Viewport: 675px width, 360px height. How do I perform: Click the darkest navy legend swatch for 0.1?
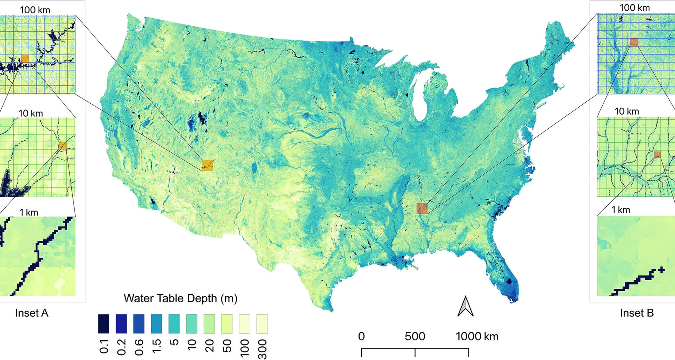point(103,324)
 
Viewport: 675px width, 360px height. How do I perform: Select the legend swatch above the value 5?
point(174,324)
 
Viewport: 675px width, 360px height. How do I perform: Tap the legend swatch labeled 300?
point(262,324)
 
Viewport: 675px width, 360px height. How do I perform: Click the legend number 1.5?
point(157,346)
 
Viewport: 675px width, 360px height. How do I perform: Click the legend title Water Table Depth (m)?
point(180,298)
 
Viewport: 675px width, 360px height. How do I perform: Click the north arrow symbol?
point(465,307)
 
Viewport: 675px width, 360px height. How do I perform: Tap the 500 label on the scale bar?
point(415,336)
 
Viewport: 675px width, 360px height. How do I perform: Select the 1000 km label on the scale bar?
point(477,336)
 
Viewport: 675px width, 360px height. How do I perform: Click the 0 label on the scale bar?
point(361,336)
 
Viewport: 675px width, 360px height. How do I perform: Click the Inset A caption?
point(32,313)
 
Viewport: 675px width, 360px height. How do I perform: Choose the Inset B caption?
point(637,313)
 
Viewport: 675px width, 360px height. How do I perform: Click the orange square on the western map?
point(207,165)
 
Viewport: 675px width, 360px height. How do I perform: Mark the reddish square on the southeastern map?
point(422,208)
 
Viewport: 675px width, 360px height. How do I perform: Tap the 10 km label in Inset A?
point(31,113)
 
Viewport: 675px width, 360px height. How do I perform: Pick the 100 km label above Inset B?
point(635,8)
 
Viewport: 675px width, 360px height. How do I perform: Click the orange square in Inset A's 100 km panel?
point(25,58)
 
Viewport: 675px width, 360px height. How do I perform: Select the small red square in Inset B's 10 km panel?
point(657,155)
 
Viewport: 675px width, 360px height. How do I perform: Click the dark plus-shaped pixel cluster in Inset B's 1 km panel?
point(661,270)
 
